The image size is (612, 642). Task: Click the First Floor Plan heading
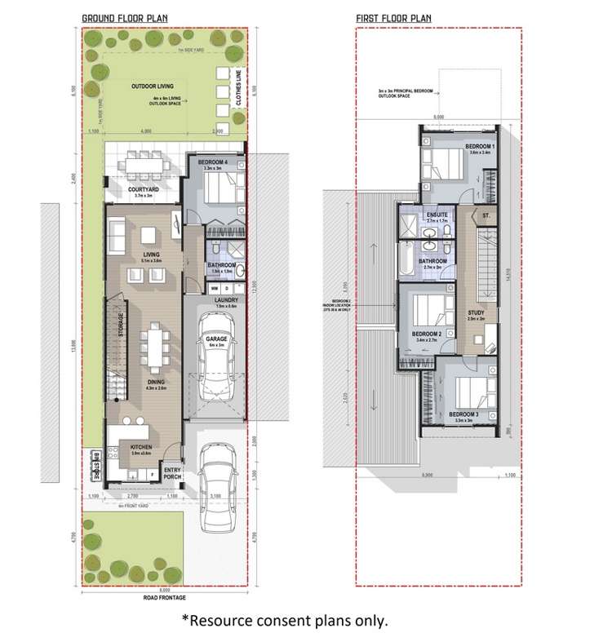point(393,17)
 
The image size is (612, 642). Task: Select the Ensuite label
point(438,215)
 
